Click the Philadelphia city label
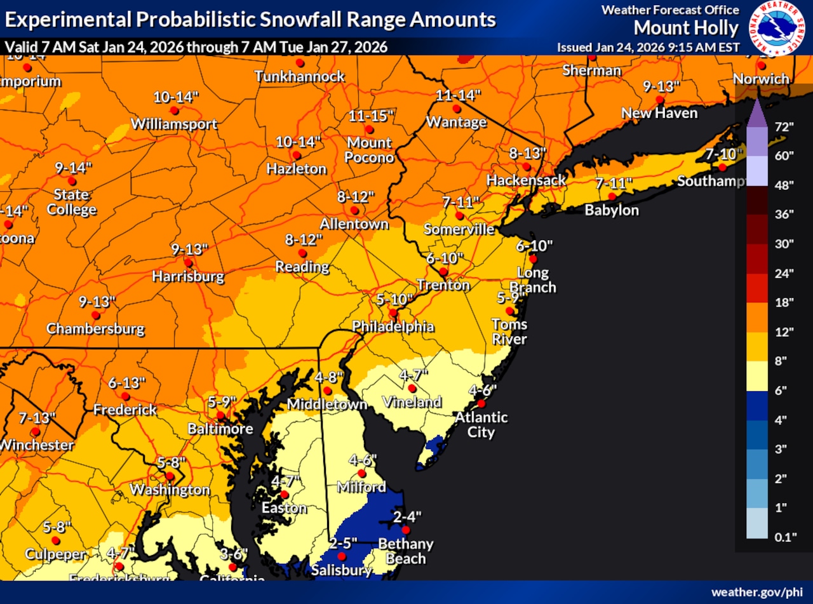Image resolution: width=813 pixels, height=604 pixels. tap(393, 326)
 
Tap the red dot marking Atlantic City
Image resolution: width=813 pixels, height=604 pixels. tap(481, 403)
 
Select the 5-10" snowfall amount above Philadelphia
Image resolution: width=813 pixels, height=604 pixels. tap(394, 299)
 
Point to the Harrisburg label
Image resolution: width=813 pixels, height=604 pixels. tap(188, 276)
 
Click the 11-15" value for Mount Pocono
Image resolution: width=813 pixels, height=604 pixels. tap(372, 116)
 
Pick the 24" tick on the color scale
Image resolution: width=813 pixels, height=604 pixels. tap(785, 273)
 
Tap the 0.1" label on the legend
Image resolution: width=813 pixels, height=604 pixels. tap(786, 537)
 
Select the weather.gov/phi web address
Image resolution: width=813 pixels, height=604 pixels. tap(756, 592)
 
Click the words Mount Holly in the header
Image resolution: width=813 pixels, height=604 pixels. tap(686, 28)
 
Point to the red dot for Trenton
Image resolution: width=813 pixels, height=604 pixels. tap(443, 272)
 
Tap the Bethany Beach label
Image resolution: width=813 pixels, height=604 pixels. tap(406, 551)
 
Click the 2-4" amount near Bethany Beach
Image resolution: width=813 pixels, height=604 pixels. tap(407, 516)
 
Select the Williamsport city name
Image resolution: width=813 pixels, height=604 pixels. tap(174, 124)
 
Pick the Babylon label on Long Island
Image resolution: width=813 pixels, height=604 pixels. tap(612, 210)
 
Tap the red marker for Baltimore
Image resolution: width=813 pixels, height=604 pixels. tap(220, 415)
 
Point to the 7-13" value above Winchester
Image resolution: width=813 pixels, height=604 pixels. tap(37, 417)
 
